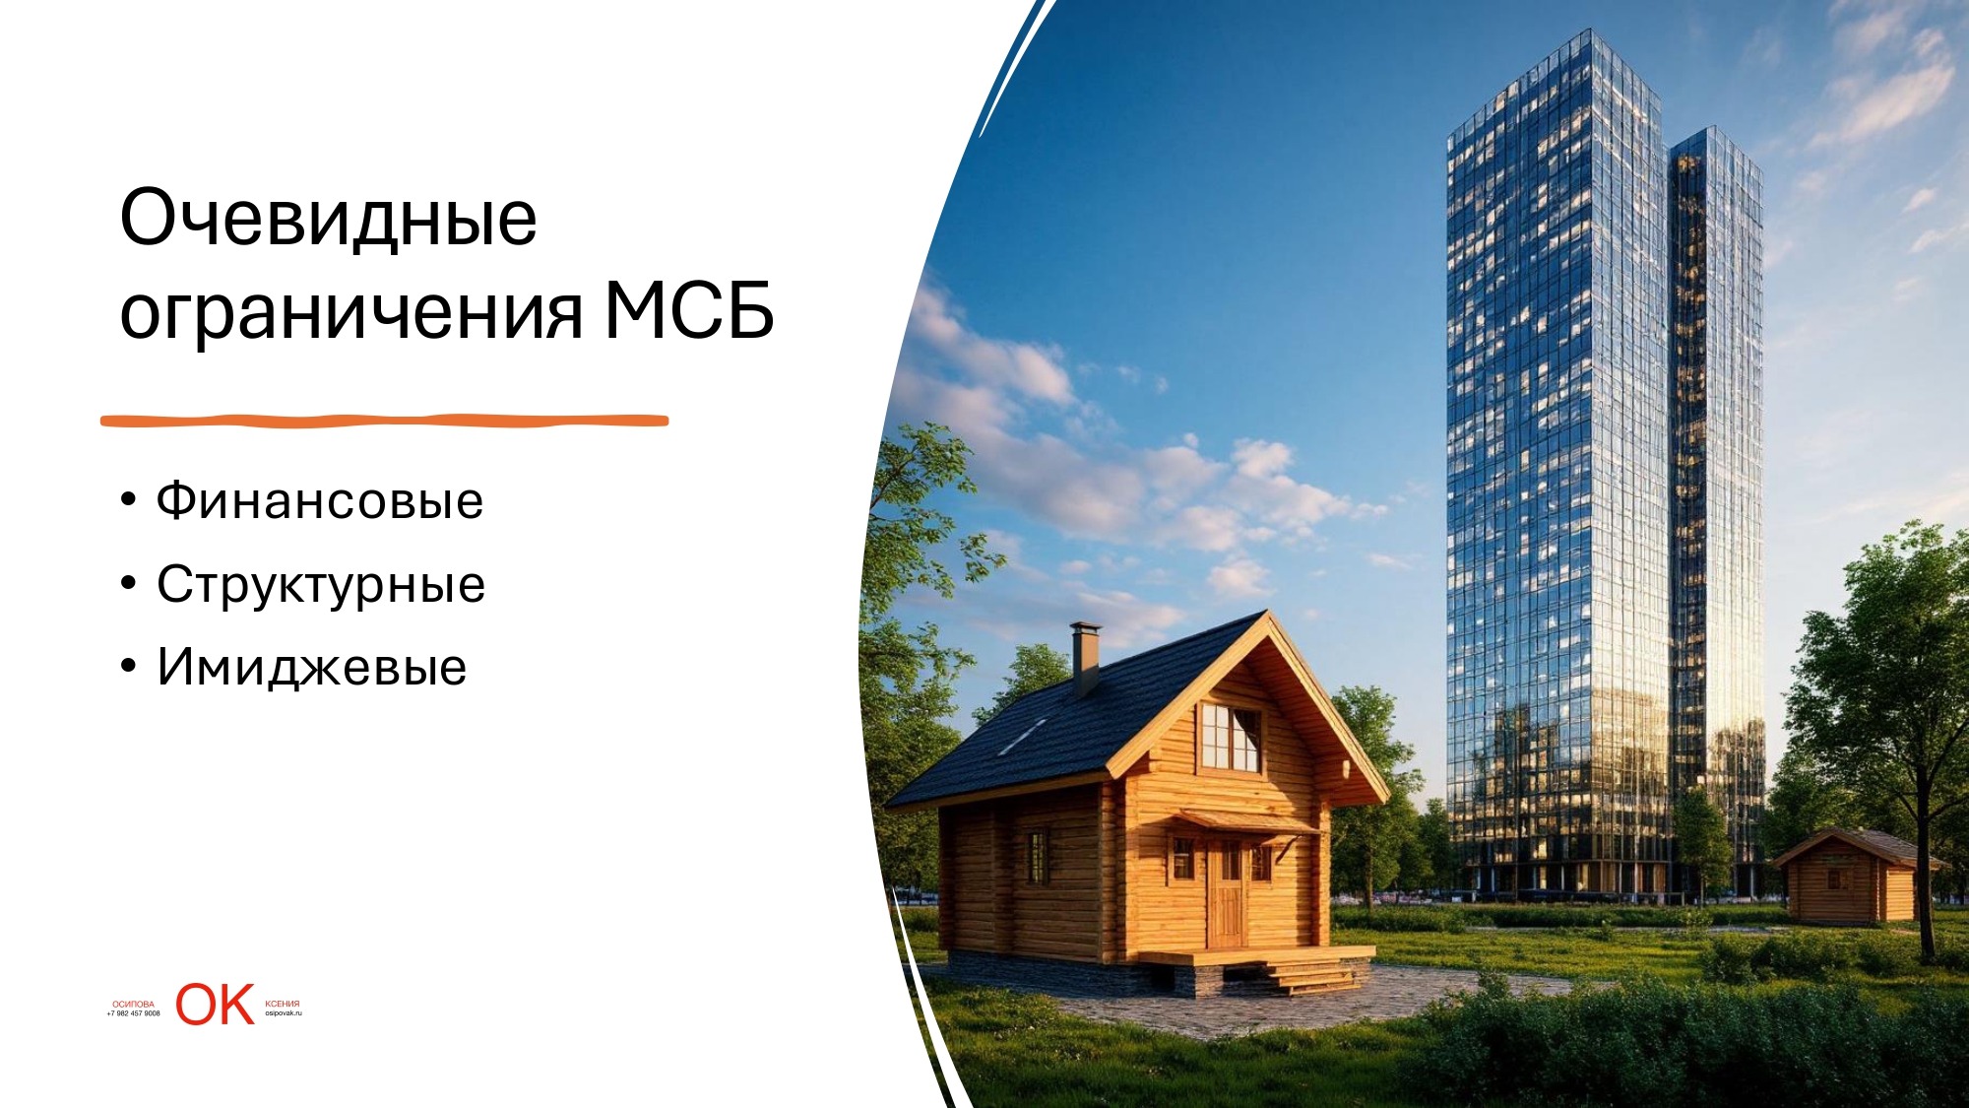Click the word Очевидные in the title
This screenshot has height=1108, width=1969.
(x=328, y=217)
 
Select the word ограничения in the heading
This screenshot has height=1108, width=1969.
(x=351, y=312)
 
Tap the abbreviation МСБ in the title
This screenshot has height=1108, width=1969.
(x=689, y=310)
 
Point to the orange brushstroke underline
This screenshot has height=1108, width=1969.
(x=384, y=421)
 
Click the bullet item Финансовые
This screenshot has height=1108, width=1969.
(x=320, y=500)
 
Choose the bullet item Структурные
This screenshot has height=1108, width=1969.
(x=321, y=585)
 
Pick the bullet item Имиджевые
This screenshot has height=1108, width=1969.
(x=312, y=668)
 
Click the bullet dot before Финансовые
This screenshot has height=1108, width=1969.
(x=128, y=500)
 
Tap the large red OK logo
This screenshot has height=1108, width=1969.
(x=216, y=1005)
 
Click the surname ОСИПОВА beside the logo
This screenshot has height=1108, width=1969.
(x=134, y=1005)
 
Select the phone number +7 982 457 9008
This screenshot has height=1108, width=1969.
(x=134, y=1013)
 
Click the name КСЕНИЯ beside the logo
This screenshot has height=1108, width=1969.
(x=283, y=1005)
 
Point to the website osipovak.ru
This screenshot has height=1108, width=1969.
(x=284, y=1013)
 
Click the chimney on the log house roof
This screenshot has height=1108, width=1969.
(x=1086, y=658)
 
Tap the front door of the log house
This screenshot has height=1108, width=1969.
(x=1227, y=894)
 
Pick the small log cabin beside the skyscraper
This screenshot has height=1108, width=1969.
(x=1849, y=877)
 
